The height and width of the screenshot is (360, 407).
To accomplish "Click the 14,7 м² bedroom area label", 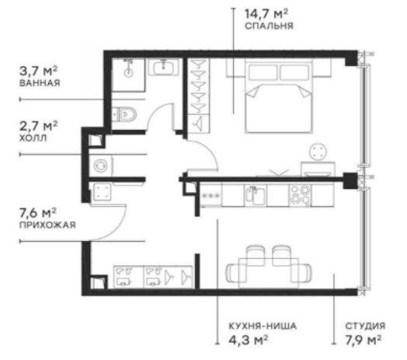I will (x=267, y=12).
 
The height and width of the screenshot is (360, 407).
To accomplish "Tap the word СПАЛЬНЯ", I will (x=268, y=26).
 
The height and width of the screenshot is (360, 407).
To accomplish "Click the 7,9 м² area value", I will (x=361, y=340).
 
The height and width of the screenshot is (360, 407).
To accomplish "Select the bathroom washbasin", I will (x=164, y=69).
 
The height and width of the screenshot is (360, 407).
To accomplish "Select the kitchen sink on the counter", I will (x=253, y=194).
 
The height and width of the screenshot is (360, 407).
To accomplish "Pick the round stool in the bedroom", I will (x=318, y=152).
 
